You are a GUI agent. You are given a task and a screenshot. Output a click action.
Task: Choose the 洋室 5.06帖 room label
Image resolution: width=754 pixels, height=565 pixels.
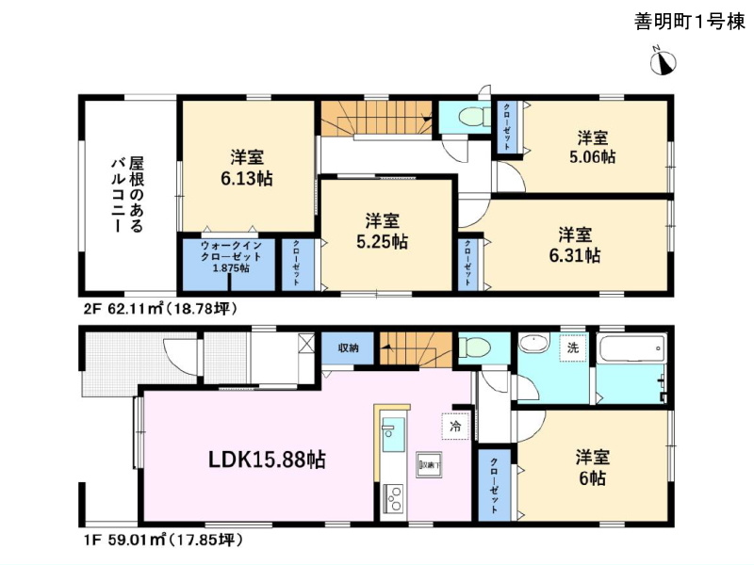pyautogui.click(x=593, y=147)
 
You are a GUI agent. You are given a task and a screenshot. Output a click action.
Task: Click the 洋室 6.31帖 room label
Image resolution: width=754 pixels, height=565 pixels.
pyautogui.click(x=578, y=244)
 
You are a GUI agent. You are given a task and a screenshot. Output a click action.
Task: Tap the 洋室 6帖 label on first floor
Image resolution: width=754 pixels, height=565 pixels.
pyautogui.click(x=593, y=467)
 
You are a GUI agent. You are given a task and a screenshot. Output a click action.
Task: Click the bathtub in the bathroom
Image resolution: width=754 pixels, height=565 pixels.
pyautogui.click(x=634, y=349)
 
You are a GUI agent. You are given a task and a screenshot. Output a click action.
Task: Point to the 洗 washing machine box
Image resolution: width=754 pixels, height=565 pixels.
pyautogui.click(x=571, y=347)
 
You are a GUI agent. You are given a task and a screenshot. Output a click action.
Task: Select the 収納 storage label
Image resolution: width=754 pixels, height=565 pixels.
pyautogui.click(x=349, y=348)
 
